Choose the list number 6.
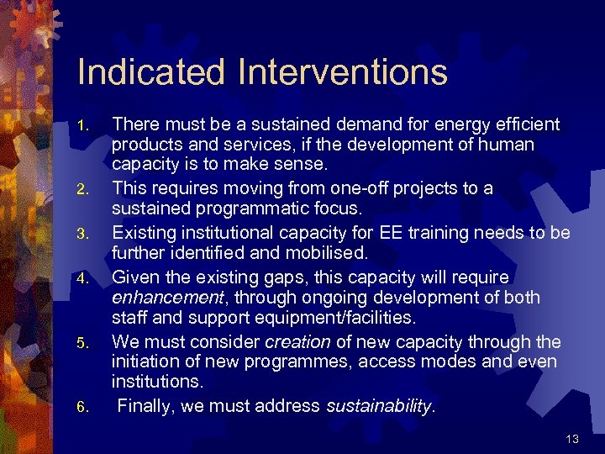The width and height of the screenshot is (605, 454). coord(82,408)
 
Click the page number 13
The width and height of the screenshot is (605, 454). coord(572,438)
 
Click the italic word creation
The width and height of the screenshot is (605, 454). coord(297,341)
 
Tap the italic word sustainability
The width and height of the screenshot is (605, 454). coord(378,407)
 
